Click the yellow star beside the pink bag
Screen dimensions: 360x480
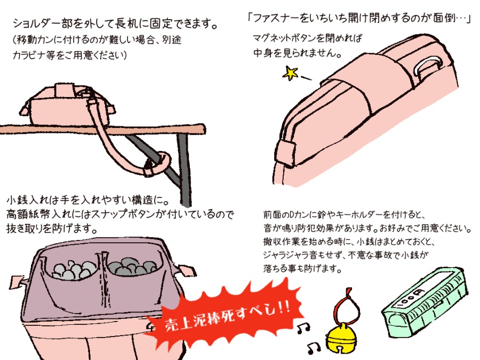pyautogui.click(x=291, y=73)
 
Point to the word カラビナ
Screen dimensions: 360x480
pyautogui.click(x=35, y=55)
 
